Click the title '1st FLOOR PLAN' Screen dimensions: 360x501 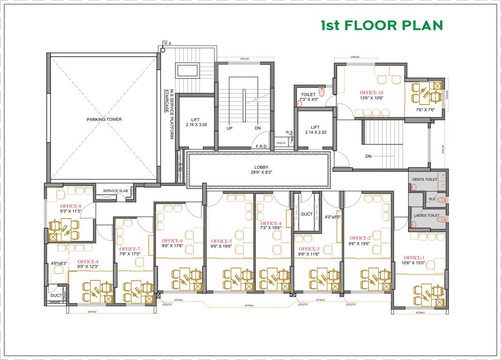[x=382, y=25]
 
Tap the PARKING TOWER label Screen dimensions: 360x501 [x=104, y=120]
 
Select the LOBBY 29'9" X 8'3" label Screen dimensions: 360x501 [x=261, y=169]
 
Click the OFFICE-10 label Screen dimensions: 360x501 [x=371, y=93]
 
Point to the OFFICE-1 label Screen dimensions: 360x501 [x=414, y=258]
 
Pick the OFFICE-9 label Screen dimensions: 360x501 [x=71, y=206]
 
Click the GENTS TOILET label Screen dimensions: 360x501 [x=425, y=180]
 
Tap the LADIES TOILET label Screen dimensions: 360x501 [x=426, y=216]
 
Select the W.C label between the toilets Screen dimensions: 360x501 [x=432, y=199]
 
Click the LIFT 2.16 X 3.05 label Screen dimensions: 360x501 [x=196, y=122]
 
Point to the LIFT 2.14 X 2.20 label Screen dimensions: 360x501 [x=315, y=130]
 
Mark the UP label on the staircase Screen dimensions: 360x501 [x=229, y=128]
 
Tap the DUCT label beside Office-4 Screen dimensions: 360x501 [x=307, y=214]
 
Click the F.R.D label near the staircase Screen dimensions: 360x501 [x=261, y=147]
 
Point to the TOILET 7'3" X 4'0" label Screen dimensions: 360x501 [x=309, y=97]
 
